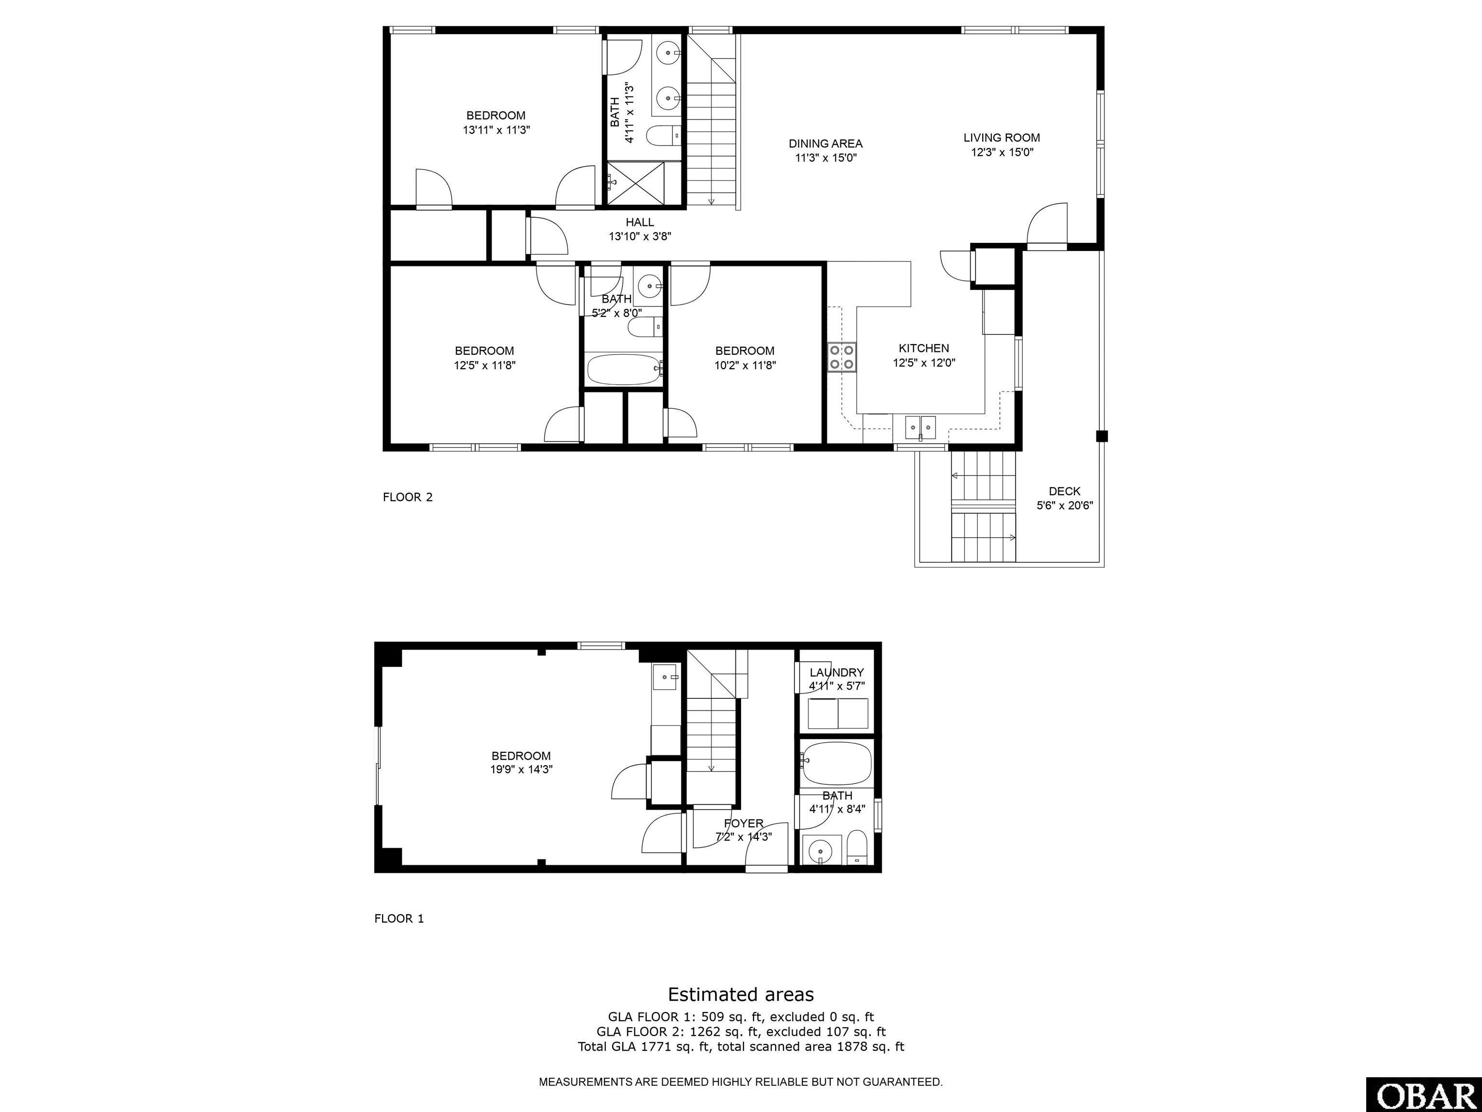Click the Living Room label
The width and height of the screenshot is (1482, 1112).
coord(1002,138)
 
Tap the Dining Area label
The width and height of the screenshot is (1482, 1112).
coord(825,143)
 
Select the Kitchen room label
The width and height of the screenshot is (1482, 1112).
coord(923,348)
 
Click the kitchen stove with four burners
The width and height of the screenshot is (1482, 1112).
coord(842,357)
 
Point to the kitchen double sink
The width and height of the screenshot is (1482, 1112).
coord(920,426)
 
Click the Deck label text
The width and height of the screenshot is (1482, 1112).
coord(1065,491)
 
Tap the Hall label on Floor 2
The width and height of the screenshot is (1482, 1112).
coord(640,222)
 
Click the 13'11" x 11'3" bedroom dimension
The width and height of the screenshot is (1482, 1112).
coord(496,130)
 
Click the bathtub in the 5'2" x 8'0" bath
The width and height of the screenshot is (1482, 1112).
coord(624,369)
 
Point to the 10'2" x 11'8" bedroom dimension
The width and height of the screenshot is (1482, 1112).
coord(745,365)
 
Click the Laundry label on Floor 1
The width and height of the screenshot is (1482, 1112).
coord(837,672)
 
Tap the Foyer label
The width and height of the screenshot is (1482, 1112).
coord(744,823)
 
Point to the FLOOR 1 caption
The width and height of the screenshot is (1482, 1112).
coord(399,918)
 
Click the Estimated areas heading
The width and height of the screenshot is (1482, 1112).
coord(741,994)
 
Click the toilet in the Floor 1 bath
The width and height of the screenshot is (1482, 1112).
coord(857,847)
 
